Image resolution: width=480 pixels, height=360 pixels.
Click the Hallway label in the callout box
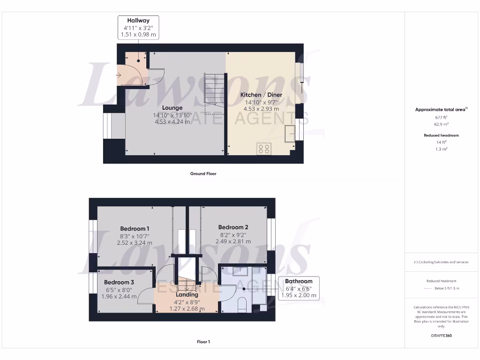[138, 21]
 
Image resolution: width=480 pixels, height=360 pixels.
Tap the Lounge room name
[172, 108]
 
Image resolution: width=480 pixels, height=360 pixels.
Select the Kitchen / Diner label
[261, 95]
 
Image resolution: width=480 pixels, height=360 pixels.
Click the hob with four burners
[264, 149]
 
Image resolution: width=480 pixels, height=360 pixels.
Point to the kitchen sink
[290, 133]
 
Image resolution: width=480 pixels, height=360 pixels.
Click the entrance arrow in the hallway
[118, 75]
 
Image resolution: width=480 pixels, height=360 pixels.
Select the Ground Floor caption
[203, 173]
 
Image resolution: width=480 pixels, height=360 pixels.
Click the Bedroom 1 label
[135, 229]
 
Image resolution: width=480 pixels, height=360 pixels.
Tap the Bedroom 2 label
[233, 227]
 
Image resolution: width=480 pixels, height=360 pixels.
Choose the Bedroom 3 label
[119, 282]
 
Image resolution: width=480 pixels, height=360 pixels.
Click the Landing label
[187, 295]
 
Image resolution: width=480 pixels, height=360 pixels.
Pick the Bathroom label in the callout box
[299, 282]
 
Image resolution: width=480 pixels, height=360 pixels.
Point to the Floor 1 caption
[203, 342]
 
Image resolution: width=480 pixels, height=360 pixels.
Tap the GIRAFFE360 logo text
[442, 336]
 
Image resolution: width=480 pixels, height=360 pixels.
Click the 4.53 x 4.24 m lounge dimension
[172, 122]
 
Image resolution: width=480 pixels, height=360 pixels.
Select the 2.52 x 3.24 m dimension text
[135, 243]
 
